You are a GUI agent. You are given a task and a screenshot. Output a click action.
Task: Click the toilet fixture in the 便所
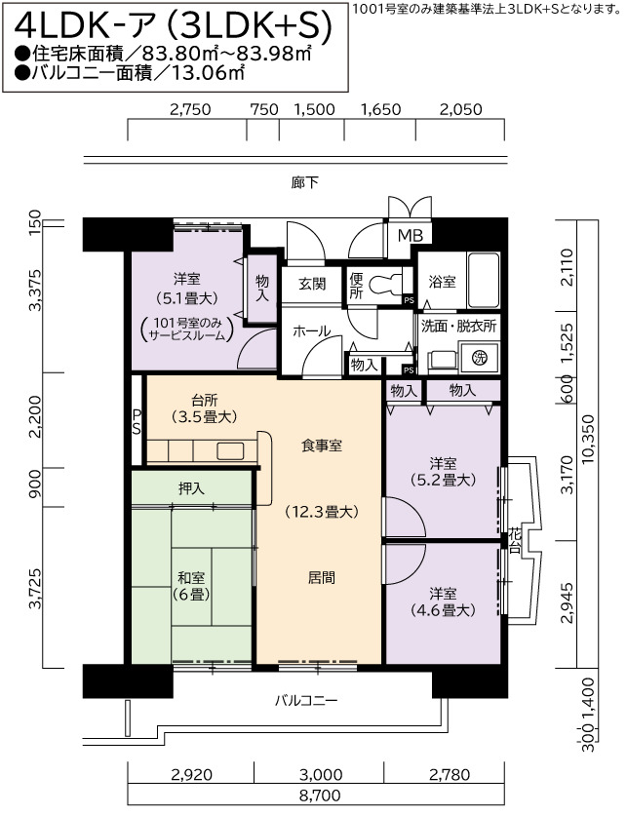tap(383, 285)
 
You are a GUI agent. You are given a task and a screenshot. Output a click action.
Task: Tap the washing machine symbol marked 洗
tap(479, 357)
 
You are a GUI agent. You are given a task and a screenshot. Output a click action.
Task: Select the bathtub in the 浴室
tap(483, 280)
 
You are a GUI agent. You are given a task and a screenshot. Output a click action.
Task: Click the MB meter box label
tap(411, 236)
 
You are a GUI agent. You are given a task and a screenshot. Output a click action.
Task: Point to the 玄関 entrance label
tap(312, 284)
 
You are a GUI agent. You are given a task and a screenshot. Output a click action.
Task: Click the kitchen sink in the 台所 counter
tap(230, 450)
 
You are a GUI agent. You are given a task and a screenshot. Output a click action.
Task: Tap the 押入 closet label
tap(191, 488)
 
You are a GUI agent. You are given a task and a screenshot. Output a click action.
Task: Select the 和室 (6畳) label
tap(191, 586)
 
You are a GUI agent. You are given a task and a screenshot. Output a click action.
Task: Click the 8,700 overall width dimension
tap(319, 795)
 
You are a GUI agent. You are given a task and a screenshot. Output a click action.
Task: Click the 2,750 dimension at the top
tap(190, 109)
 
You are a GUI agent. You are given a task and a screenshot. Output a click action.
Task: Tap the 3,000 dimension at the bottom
tap(321, 774)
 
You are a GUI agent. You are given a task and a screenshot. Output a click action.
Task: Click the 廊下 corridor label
tap(304, 182)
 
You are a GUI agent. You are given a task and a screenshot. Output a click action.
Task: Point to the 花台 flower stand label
tap(515, 540)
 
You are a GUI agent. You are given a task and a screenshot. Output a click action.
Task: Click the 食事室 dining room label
tap(322, 446)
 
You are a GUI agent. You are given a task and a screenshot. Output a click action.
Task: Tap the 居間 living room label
tap(321, 577)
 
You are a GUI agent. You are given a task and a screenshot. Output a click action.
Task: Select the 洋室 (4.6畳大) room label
tap(443, 602)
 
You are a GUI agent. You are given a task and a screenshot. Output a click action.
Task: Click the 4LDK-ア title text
tap(84, 27)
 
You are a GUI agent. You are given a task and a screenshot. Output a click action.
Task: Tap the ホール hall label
tap(311, 330)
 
